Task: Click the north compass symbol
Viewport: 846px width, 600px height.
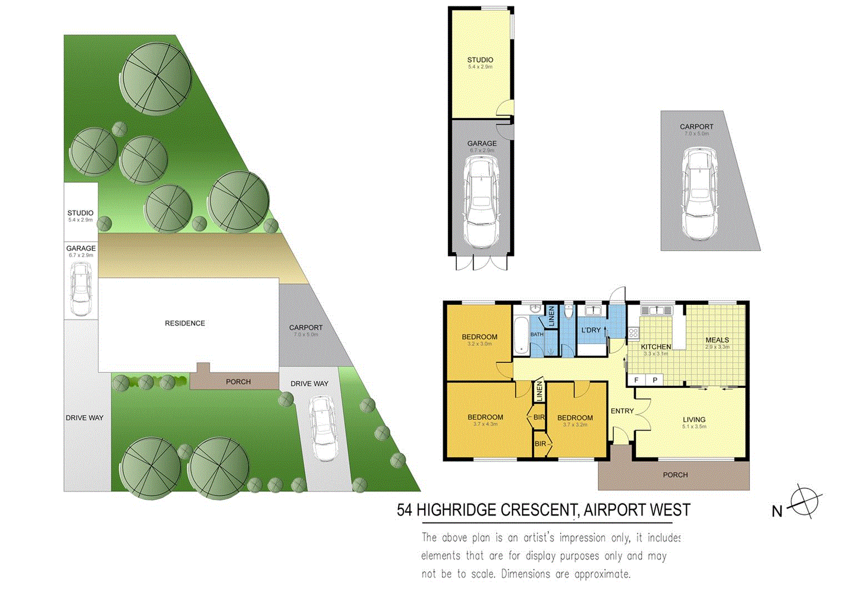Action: (x=804, y=502)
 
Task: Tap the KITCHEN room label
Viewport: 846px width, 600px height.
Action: (x=656, y=347)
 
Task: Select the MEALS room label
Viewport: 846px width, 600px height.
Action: (x=717, y=340)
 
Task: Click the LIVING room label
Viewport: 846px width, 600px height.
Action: (x=694, y=420)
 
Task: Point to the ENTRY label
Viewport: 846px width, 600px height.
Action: (x=622, y=411)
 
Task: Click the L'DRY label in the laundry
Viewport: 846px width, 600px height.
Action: (x=591, y=330)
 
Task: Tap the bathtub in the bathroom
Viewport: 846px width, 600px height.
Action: (x=522, y=335)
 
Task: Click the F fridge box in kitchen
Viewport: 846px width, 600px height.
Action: (x=636, y=380)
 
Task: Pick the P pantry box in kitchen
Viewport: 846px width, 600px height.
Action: (x=655, y=380)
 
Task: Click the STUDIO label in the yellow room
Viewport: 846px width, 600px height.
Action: (x=480, y=60)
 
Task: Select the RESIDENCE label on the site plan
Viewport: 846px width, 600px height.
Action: (x=185, y=323)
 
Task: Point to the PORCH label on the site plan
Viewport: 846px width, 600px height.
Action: (x=238, y=382)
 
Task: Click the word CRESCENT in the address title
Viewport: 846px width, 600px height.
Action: (x=538, y=510)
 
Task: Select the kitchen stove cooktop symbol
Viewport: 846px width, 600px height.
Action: (x=633, y=333)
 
